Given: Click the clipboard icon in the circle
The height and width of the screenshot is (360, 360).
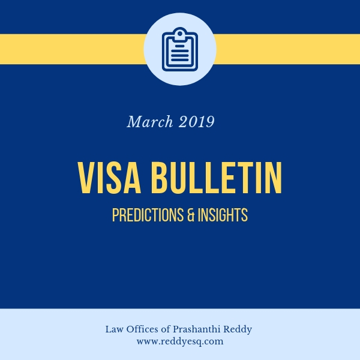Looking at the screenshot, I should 180,49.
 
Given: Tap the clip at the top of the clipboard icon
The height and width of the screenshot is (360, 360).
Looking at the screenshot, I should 180,31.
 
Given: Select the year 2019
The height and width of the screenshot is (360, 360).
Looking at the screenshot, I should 196,122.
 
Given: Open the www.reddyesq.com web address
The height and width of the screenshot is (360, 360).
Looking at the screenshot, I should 180,341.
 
